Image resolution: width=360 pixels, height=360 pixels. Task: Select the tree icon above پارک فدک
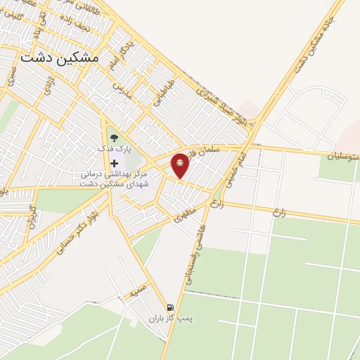pyautogui.click(x=114, y=136)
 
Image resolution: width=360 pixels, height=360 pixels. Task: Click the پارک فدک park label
pyautogui.click(x=113, y=150)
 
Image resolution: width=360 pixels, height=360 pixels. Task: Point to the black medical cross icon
pyautogui.click(x=114, y=162)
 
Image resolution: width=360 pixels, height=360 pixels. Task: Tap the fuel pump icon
pyautogui.click(x=169, y=307)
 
